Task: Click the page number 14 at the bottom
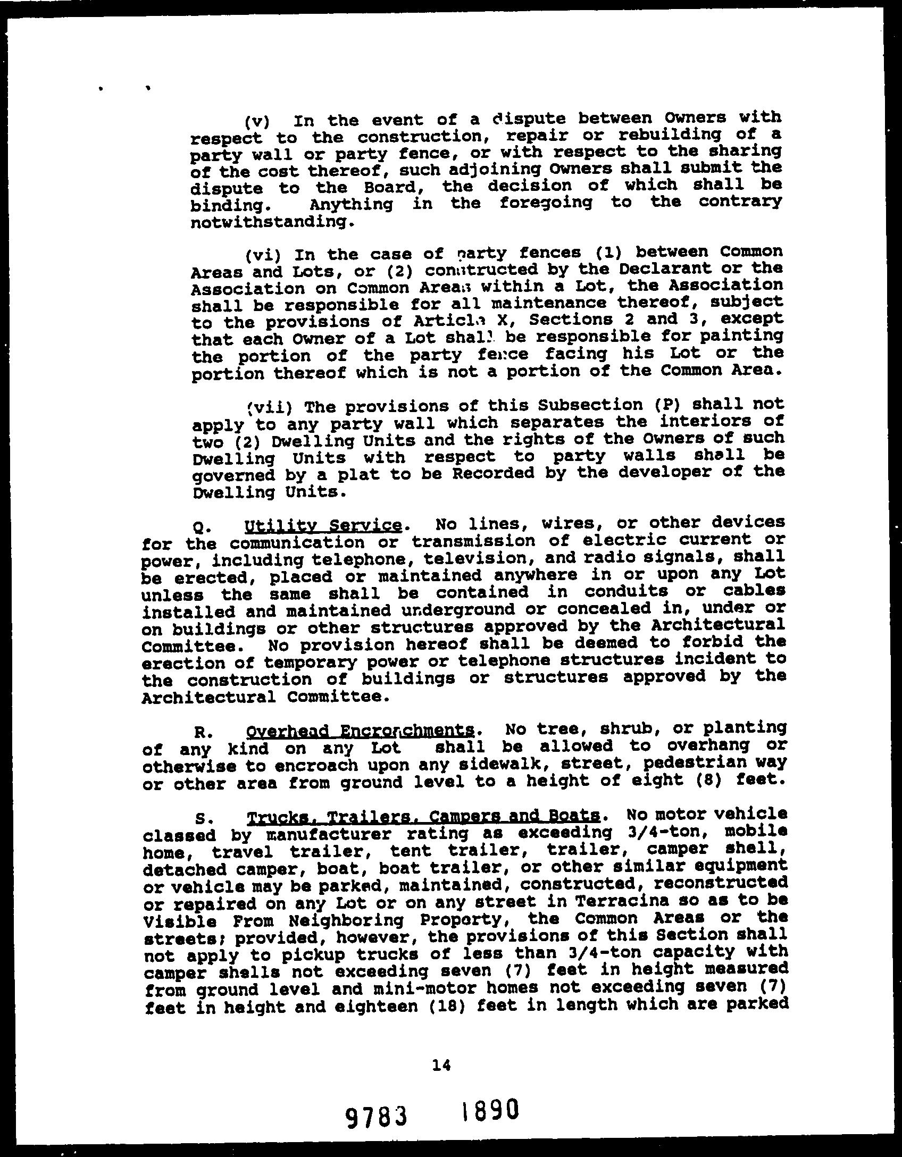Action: (x=441, y=1065)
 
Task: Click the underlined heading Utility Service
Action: (x=323, y=526)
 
